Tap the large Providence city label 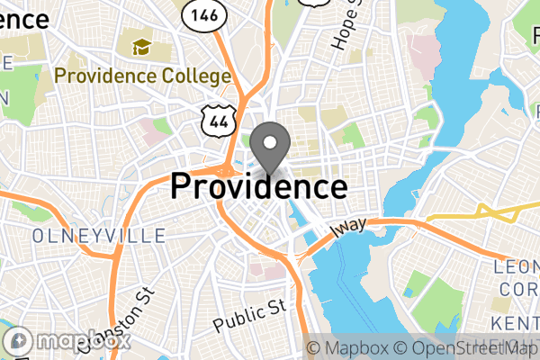tap(258, 186)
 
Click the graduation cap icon tap(142, 46)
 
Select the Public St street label tap(250, 314)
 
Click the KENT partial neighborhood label tap(515, 322)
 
